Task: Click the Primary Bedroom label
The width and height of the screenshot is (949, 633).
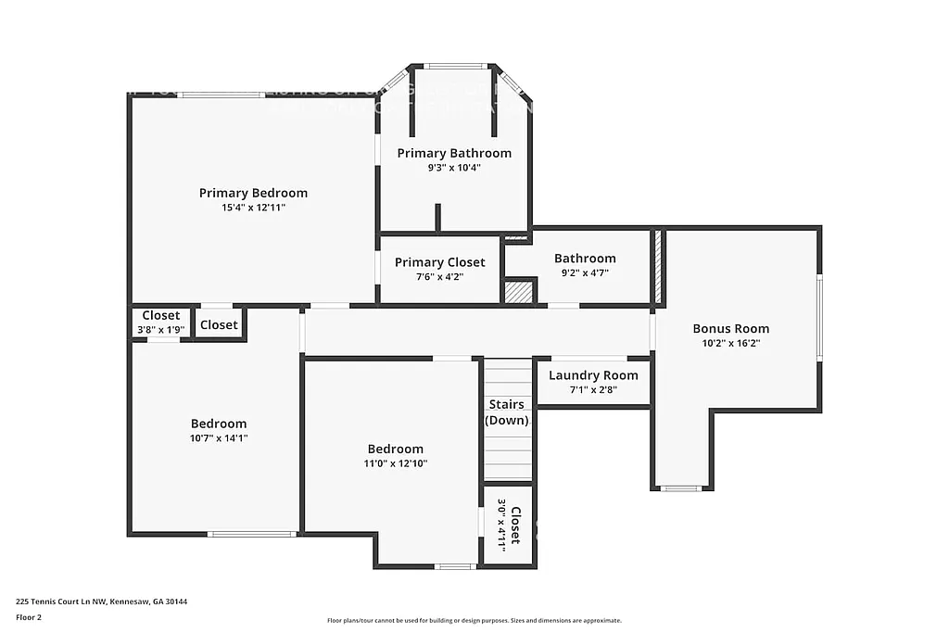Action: pos(253,193)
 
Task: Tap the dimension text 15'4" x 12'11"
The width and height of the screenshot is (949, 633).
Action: pos(253,208)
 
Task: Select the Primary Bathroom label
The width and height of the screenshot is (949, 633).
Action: pos(454,153)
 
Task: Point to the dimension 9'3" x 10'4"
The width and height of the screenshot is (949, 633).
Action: pos(454,168)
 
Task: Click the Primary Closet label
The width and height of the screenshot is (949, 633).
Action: pos(439,262)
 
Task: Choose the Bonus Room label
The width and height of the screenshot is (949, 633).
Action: pos(730,328)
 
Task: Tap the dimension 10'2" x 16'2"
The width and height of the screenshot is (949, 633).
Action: pos(730,343)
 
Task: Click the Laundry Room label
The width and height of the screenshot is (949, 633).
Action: pos(593,375)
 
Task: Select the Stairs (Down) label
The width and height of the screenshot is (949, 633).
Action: pos(507,412)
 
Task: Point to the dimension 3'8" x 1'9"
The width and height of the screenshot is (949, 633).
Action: pos(160,329)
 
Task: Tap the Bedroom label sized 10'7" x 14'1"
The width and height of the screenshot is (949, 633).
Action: pos(219,424)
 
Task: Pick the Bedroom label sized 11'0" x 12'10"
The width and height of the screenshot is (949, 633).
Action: pos(395,449)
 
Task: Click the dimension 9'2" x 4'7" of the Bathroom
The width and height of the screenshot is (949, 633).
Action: pos(585,273)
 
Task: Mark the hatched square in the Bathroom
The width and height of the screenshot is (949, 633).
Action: pos(519,292)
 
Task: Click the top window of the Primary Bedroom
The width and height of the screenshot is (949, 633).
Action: pos(221,95)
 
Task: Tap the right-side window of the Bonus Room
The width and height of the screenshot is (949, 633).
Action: pos(818,318)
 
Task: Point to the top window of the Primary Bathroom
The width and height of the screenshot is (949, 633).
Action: pos(454,66)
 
